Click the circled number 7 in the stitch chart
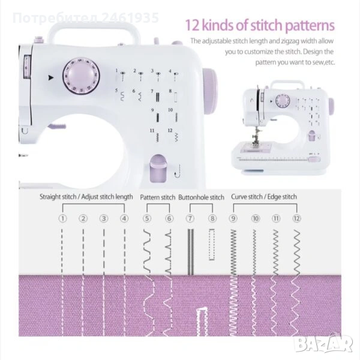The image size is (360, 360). click(190, 218)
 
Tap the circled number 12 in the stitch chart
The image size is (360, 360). click(296, 218)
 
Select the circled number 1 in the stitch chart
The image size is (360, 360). click(62, 218)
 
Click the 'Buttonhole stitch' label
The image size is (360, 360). click(201, 197)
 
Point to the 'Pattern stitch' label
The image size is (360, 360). click(157, 197)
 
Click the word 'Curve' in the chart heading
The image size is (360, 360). click(239, 197)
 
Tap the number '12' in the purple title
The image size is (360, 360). click(192, 25)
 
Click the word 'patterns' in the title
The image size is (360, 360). click(310, 26)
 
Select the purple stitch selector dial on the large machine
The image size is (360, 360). click(81, 76)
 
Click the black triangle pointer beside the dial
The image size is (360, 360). click(51, 77)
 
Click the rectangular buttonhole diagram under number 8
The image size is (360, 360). click(212, 244)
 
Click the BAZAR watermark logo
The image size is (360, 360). click(323, 343)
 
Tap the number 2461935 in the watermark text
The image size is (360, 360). click(130, 17)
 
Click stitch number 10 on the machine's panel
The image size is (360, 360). click(170, 110)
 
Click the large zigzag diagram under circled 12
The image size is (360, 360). click(297, 252)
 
